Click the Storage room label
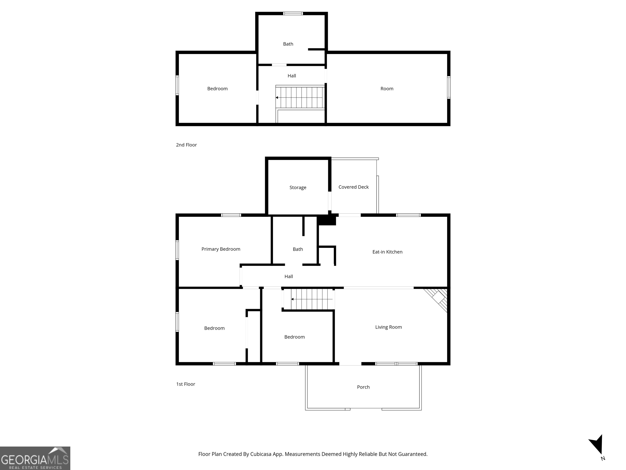pyautogui.click(x=298, y=187)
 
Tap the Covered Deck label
pyautogui.click(x=354, y=187)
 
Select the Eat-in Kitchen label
pyautogui.click(x=387, y=252)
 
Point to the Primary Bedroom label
pyautogui.click(x=221, y=249)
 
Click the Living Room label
pyautogui.click(x=388, y=327)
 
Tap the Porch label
pyautogui.click(x=363, y=387)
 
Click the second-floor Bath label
pyautogui.click(x=288, y=44)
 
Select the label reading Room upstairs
pyautogui.click(x=387, y=89)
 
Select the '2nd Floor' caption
pyautogui.click(x=186, y=145)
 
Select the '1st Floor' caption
pyautogui.click(x=186, y=384)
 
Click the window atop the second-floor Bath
pyautogui.click(x=293, y=13)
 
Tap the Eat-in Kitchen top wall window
pyautogui.click(x=408, y=215)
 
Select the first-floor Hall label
pyautogui.click(x=289, y=276)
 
